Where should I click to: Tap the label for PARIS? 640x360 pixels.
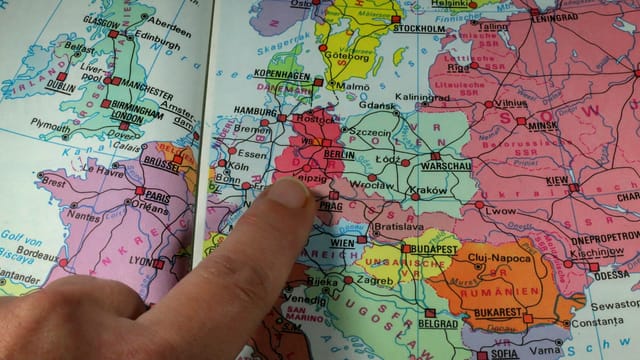click(x=155, y=196)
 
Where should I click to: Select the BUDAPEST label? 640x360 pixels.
click(x=432, y=248)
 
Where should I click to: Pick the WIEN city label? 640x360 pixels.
click(x=343, y=243)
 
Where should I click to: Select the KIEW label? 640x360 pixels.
click(x=556, y=180)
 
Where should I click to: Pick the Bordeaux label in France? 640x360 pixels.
click(x=39, y=254)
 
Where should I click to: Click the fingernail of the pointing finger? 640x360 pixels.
click(x=292, y=192)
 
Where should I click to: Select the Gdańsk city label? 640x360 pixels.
click(x=378, y=105)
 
